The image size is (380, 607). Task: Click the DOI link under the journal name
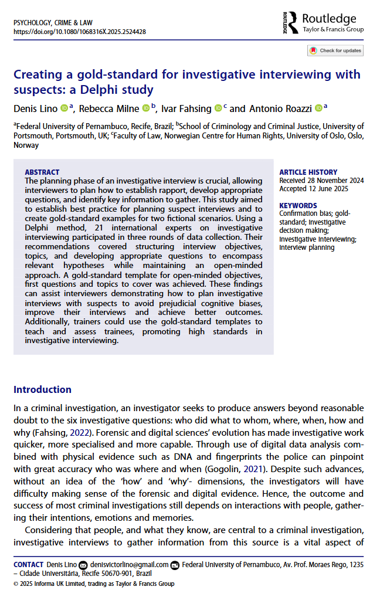(x=79, y=32)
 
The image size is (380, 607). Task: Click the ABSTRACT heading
(x=42, y=172)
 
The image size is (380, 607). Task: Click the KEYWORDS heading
(x=298, y=206)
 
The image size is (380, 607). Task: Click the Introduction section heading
(x=42, y=389)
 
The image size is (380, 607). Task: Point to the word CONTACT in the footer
(x=28, y=565)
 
